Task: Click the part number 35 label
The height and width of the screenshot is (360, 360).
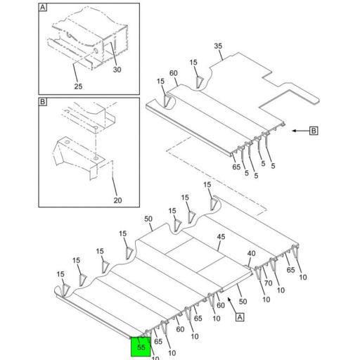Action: tap(218, 47)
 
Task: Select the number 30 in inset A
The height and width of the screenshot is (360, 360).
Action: tap(117, 70)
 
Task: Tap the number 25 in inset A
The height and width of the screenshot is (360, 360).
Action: tap(77, 86)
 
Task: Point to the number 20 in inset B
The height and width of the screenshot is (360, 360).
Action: tap(117, 200)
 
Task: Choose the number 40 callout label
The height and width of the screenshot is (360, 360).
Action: tap(250, 253)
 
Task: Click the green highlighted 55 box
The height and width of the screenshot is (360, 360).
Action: tap(141, 347)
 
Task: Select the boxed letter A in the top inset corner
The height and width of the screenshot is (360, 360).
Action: tap(43, 8)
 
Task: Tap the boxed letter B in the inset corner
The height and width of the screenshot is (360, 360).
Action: tap(43, 103)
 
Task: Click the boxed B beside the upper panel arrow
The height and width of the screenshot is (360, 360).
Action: tap(314, 131)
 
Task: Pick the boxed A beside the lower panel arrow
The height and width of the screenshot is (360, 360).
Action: tap(239, 317)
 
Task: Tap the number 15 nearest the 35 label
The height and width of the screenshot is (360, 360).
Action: tap(193, 63)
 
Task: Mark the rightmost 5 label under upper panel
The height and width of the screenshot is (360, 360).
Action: tap(273, 166)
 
